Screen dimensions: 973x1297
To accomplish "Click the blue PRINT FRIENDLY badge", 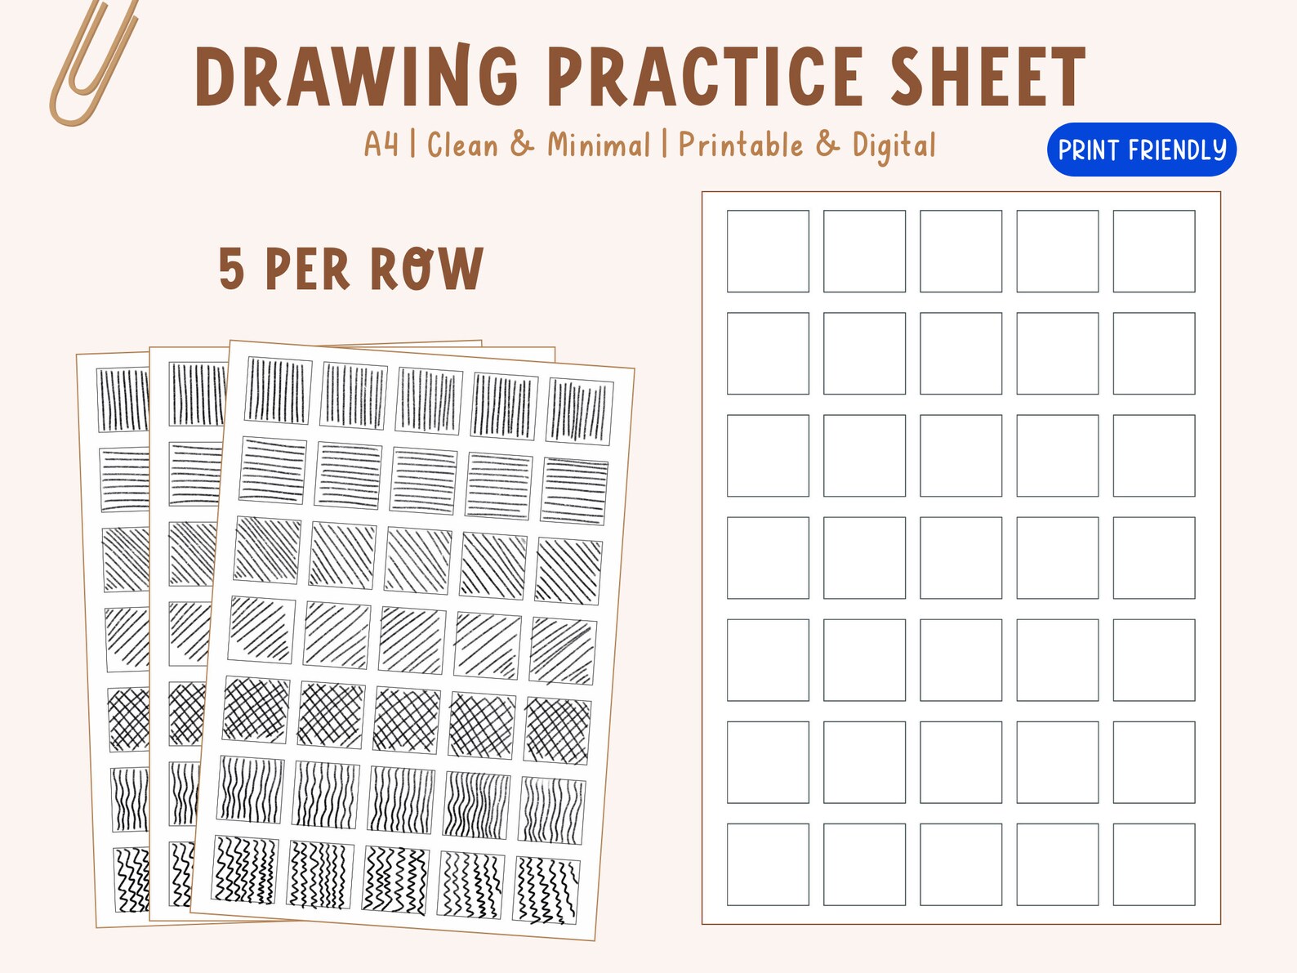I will [x=1141, y=150].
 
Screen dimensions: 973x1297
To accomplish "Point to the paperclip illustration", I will [x=91, y=61].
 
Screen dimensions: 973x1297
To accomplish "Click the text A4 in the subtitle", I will [x=381, y=145].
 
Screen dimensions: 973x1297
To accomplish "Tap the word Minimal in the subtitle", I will [x=599, y=145].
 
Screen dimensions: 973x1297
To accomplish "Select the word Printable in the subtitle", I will [x=740, y=145].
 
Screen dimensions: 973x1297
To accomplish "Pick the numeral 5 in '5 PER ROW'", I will [x=231, y=270].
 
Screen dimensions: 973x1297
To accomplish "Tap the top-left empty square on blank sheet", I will [x=768, y=251].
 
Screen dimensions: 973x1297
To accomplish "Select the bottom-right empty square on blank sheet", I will [x=1153, y=864].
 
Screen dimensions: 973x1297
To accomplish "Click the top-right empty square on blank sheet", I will [x=1153, y=251].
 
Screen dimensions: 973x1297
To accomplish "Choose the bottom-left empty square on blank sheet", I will [x=768, y=864].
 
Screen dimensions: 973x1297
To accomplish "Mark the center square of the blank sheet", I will [x=960, y=557].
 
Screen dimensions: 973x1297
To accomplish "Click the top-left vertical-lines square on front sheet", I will [x=279, y=391].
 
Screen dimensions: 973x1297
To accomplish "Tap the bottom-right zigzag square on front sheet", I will [x=547, y=890].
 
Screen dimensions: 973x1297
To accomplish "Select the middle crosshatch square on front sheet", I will [x=406, y=720].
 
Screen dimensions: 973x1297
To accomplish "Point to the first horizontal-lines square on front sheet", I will [x=273, y=471].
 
